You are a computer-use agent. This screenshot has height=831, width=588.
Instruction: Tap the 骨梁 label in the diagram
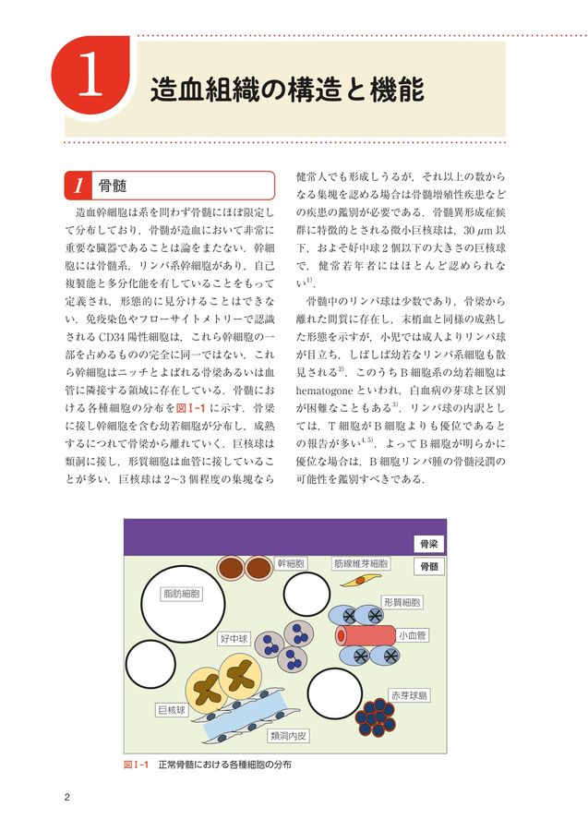click(428, 544)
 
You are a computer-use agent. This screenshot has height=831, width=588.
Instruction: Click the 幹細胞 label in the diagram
click(291, 562)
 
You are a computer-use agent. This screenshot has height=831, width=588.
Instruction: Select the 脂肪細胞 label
click(181, 594)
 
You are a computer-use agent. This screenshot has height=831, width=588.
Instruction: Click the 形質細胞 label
click(402, 602)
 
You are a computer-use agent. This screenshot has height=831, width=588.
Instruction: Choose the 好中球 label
click(234, 639)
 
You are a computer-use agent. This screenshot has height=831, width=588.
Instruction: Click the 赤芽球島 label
click(409, 694)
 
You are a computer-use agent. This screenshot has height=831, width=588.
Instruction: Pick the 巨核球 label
click(171, 711)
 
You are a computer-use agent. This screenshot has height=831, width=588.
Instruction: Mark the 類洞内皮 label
click(289, 736)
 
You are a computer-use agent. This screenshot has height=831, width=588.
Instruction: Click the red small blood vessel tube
click(363, 635)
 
